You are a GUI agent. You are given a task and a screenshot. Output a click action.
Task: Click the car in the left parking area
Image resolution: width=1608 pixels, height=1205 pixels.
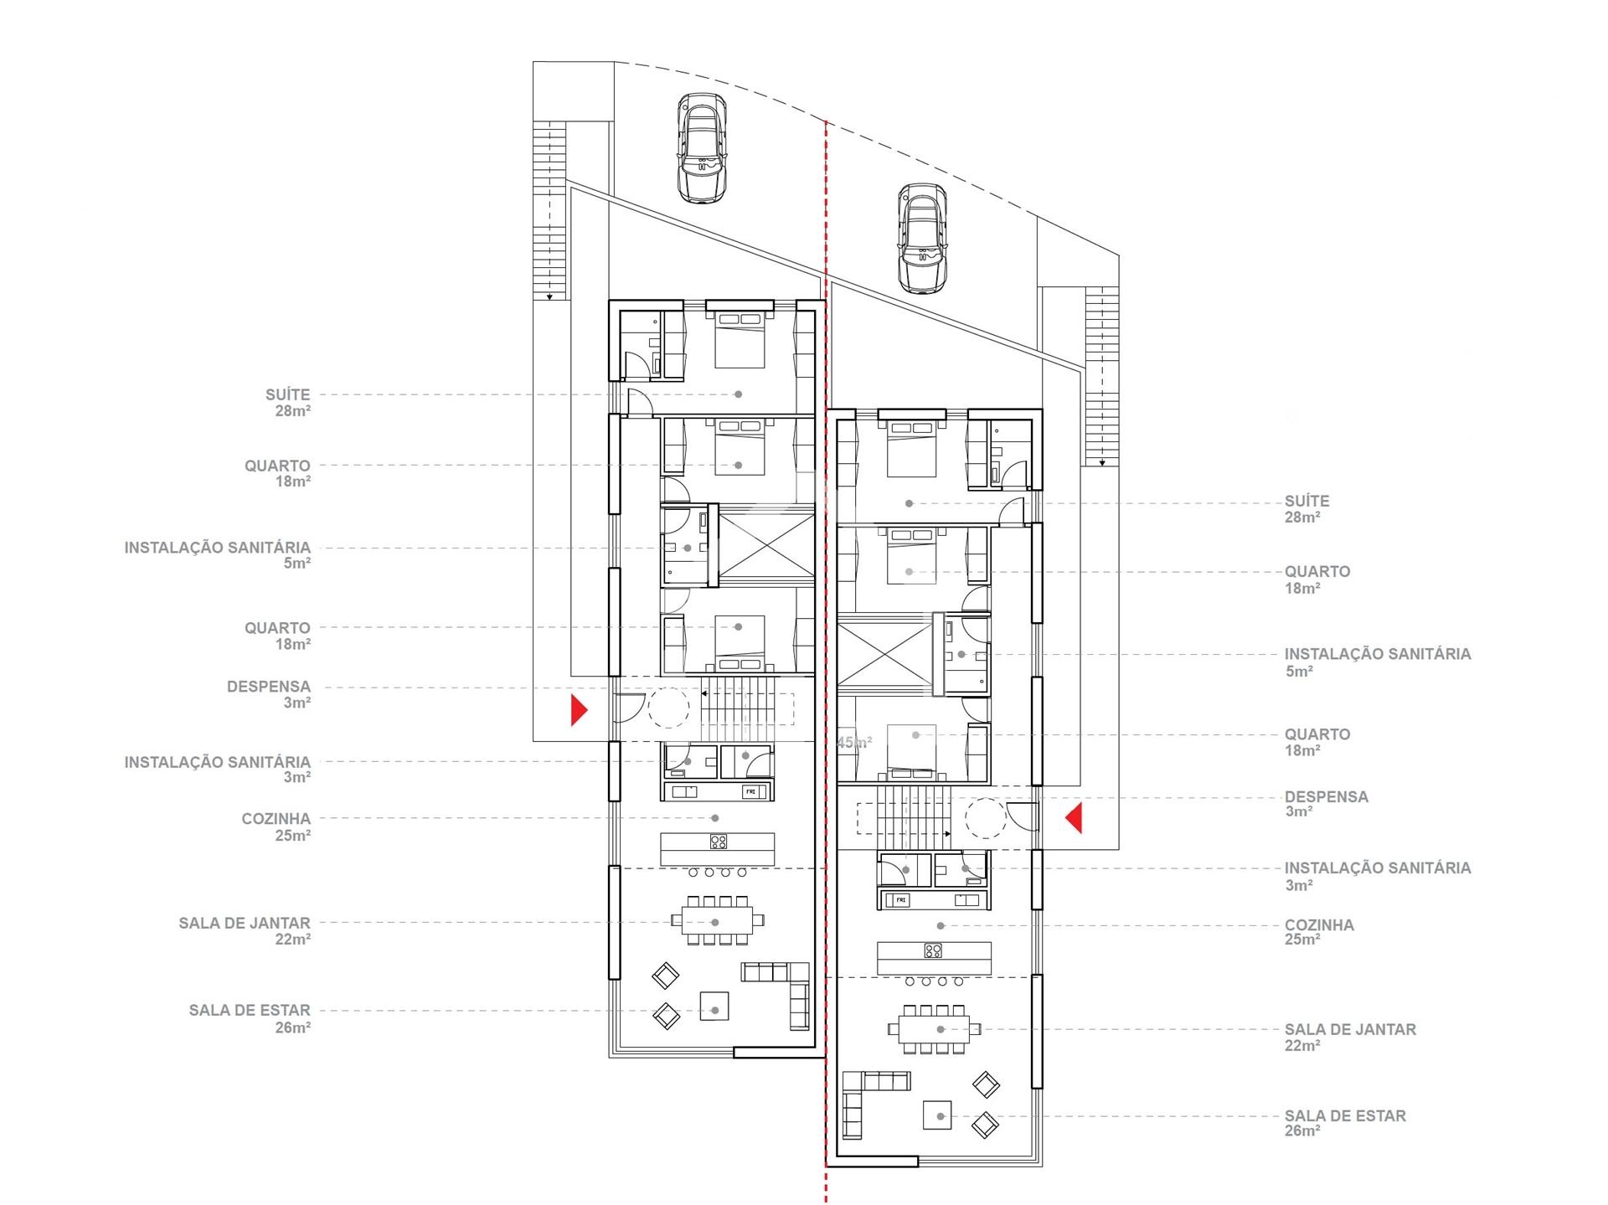[701, 148]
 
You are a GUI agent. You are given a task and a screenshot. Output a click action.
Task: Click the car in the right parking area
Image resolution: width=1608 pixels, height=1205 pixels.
[922, 239]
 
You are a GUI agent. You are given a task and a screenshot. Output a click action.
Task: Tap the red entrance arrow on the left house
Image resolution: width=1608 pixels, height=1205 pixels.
[579, 709]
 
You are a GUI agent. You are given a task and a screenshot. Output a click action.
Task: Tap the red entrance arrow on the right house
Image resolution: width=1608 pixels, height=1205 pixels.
[1073, 817]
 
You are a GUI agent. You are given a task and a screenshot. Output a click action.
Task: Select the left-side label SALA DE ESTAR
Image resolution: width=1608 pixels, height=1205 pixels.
[250, 1010]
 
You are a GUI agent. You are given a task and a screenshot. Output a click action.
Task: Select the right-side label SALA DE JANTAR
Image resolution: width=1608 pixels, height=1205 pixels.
[1350, 1029]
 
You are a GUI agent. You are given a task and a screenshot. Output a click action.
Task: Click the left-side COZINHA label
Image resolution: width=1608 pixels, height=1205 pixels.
[276, 818]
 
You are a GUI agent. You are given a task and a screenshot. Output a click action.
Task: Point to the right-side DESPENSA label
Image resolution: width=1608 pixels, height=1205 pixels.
[1327, 796]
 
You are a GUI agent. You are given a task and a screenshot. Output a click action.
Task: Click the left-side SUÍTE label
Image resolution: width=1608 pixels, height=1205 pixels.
[288, 394]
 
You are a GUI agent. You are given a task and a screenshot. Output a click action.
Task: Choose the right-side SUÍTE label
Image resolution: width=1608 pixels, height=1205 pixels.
[1307, 501]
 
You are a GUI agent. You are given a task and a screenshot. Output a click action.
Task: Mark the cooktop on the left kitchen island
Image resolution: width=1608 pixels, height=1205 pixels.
[719, 842]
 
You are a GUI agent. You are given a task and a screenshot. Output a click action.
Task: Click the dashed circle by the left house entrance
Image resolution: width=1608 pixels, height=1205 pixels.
[669, 708]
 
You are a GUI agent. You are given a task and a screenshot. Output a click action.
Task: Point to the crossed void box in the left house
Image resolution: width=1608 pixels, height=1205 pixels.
[766, 545]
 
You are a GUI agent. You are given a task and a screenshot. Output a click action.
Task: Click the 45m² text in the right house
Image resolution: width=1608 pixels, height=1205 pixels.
[854, 742]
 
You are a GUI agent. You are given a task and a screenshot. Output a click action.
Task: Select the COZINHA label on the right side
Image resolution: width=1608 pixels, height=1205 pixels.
[1319, 924]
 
